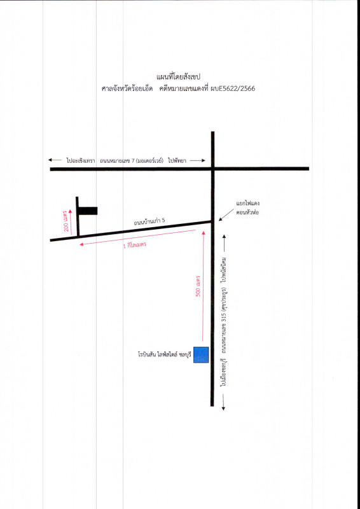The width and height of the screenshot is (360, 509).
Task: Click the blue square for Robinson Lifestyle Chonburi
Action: [201, 354]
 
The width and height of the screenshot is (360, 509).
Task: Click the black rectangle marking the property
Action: [88, 211]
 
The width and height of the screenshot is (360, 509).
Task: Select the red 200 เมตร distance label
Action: [67, 221]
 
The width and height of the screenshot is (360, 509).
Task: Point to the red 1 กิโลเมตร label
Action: [135, 244]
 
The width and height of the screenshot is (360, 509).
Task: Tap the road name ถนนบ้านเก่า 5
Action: [149, 221]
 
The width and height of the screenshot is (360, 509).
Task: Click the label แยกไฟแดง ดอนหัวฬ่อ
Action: [247, 208]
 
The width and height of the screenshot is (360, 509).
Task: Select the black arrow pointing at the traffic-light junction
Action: [226, 214]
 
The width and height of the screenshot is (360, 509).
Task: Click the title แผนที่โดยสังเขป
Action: [178, 77]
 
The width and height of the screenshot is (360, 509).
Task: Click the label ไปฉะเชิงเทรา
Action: [80, 160]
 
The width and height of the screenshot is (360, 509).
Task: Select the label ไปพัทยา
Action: [177, 160]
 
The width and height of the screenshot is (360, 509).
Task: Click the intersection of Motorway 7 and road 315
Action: [212, 169]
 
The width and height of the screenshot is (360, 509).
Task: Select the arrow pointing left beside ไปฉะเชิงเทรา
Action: [55, 160]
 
